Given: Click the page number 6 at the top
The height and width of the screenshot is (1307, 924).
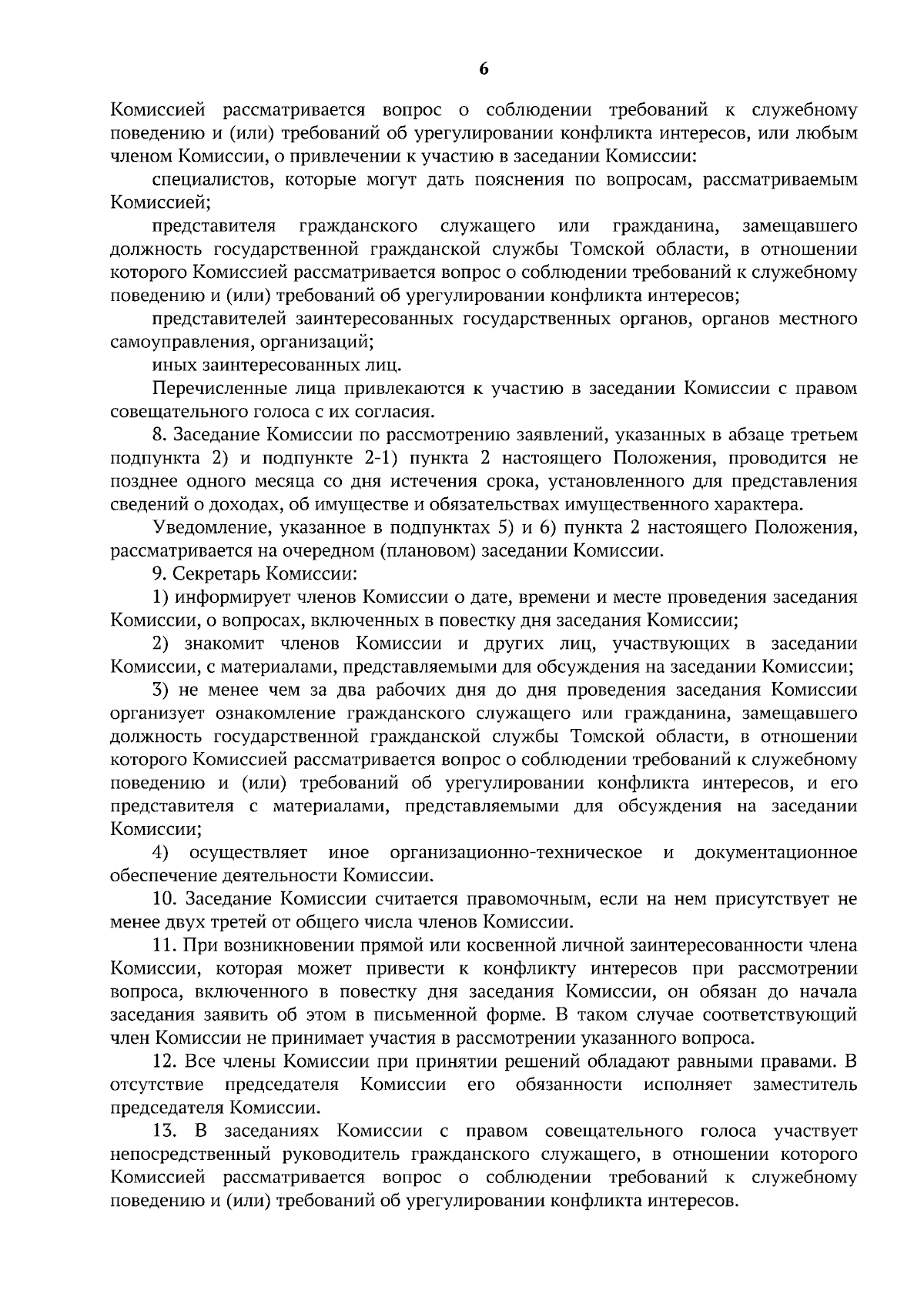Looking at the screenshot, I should tap(484, 69).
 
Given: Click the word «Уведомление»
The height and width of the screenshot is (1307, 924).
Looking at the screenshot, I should tap(205, 528).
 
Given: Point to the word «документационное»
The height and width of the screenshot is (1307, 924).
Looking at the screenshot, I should tap(775, 853).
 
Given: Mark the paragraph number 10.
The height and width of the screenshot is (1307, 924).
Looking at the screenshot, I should tap(165, 899).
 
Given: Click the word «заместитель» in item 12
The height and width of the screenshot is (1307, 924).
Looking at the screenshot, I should tap(805, 1085).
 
